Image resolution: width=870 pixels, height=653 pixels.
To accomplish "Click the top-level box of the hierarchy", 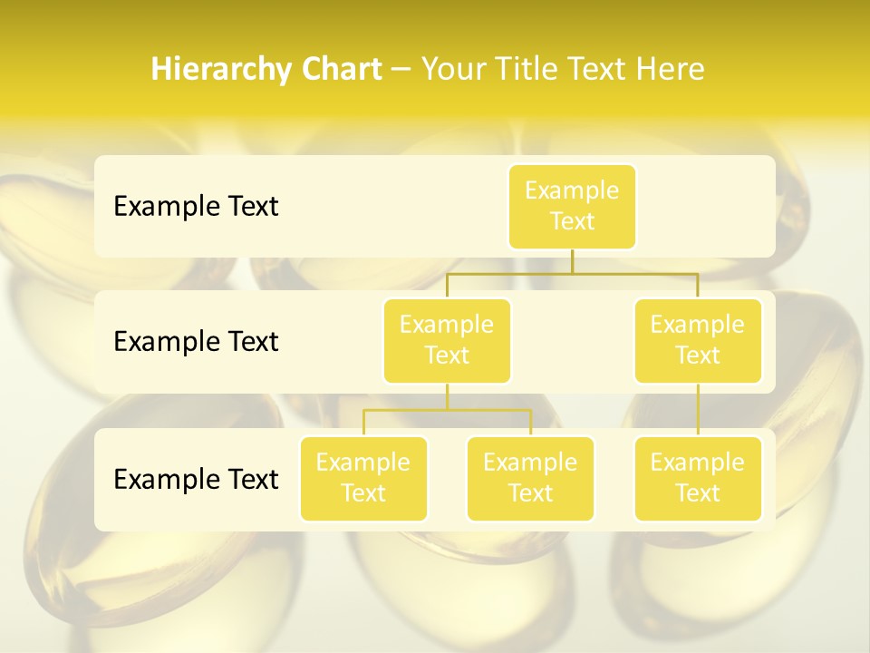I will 572,207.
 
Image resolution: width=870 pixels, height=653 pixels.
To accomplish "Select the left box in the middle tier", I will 447,341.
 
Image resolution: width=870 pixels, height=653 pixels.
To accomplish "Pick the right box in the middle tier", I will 698,341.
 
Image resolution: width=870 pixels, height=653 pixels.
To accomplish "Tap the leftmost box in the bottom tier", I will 363,479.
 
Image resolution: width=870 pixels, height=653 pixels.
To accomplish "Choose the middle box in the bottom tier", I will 530,479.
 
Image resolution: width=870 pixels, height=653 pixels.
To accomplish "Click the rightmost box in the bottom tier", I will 698,479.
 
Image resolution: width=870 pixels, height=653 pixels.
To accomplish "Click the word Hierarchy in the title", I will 220,70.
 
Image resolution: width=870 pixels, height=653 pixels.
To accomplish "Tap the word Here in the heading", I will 671,69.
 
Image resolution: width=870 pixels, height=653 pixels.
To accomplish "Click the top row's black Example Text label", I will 196,207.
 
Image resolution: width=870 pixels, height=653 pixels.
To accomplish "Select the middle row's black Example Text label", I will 196,342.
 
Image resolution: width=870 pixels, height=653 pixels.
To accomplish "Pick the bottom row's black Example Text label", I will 196,479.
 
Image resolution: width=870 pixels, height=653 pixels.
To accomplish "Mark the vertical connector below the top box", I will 572,261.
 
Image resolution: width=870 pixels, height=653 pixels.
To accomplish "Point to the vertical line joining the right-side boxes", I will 698,410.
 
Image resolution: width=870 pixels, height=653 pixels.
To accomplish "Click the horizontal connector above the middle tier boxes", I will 572,273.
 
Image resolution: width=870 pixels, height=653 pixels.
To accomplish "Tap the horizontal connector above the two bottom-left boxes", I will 447,410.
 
